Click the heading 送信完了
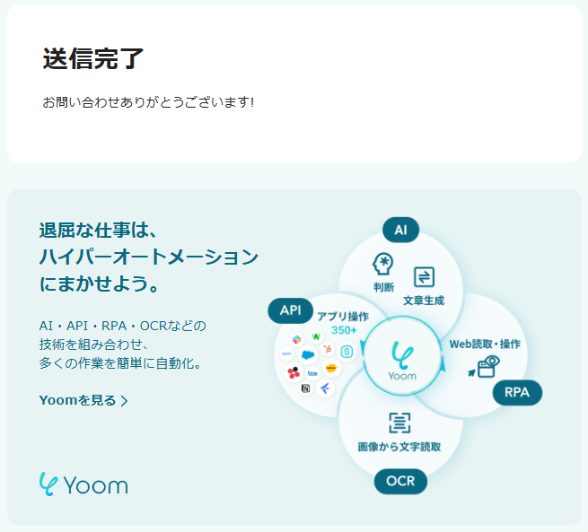pyautogui.click(x=93, y=58)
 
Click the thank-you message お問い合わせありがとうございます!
pyautogui.click(x=149, y=102)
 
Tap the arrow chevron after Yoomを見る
pyautogui.click(x=124, y=401)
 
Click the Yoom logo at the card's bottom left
pyautogui.click(x=83, y=484)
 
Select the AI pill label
pyautogui.click(x=400, y=231)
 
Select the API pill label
pyautogui.click(x=290, y=310)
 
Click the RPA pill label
pyautogui.click(x=517, y=392)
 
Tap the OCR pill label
pyautogui.click(x=400, y=481)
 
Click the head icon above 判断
pyautogui.click(x=384, y=264)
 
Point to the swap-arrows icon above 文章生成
pyautogui.click(x=424, y=276)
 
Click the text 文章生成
pyautogui.click(x=424, y=300)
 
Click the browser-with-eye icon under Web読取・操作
pyautogui.click(x=487, y=366)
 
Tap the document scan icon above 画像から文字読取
pyautogui.click(x=399, y=423)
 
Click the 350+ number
pyautogui.click(x=344, y=330)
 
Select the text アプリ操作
pyautogui.click(x=343, y=316)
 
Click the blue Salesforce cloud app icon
pyautogui.click(x=309, y=354)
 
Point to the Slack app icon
pyautogui.click(x=295, y=338)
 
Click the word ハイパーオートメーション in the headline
pyautogui.click(x=148, y=257)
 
